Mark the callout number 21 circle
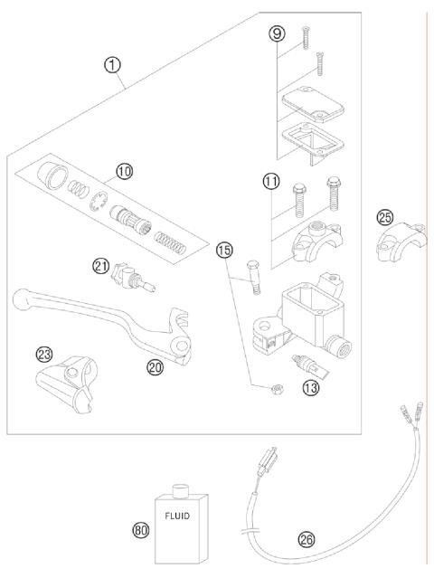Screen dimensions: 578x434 click(x=101, y=264)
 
